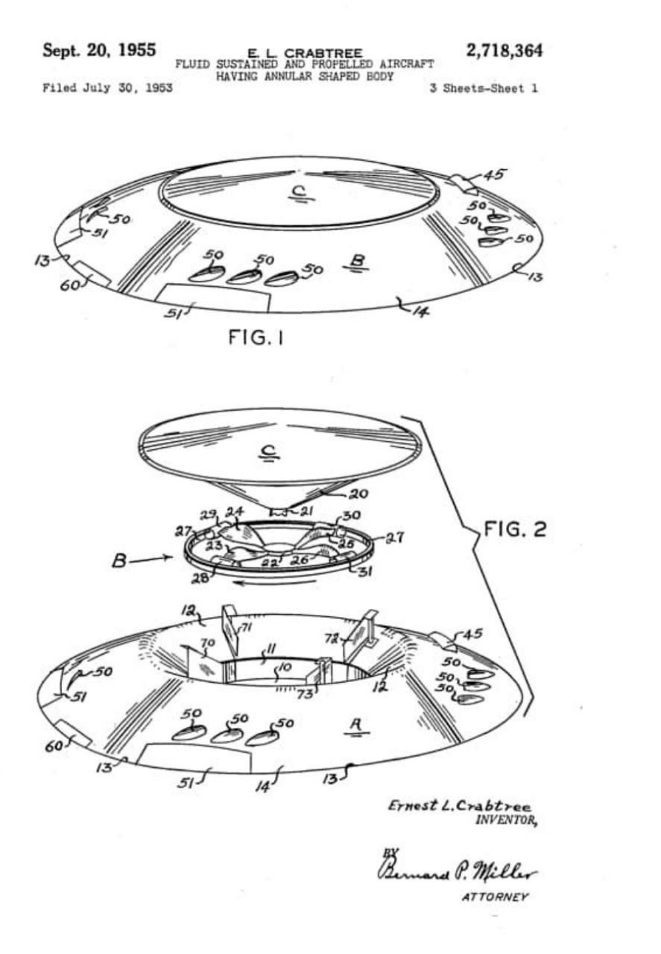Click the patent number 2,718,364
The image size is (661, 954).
click(505, 51)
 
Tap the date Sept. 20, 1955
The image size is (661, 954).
click(100, 50)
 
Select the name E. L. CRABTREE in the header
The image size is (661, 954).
click(305, 54)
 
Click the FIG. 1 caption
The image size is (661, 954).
click(256, 338)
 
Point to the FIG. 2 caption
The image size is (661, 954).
click(514, 529)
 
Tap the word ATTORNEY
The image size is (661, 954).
click(495, 897)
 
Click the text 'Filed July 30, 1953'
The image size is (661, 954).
click(107, 88)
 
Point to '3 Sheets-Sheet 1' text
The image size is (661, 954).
click(484, 88)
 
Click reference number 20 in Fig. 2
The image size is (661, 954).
click(358, 494)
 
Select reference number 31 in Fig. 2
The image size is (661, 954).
click(365, 572)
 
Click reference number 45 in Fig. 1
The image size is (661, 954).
click(495, 174)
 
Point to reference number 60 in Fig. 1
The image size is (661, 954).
click(69, 285)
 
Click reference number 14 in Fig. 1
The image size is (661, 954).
click(420, 312)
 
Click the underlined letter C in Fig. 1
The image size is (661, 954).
click(300, 195)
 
